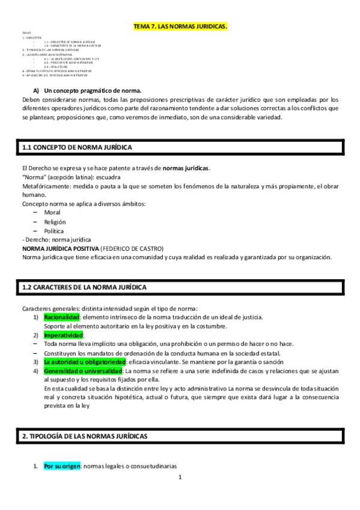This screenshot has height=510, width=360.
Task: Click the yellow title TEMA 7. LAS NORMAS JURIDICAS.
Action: [180, 27]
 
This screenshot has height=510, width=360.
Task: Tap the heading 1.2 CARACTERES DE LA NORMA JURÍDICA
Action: [84, 288]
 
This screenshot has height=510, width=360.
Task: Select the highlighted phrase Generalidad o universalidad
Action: [82, 371]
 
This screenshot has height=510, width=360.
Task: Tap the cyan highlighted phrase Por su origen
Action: [62, 467]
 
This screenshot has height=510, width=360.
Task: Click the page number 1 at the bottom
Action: [180, 478]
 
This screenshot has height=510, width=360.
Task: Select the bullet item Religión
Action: [54, 221]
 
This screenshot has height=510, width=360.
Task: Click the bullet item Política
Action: [53, 231]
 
